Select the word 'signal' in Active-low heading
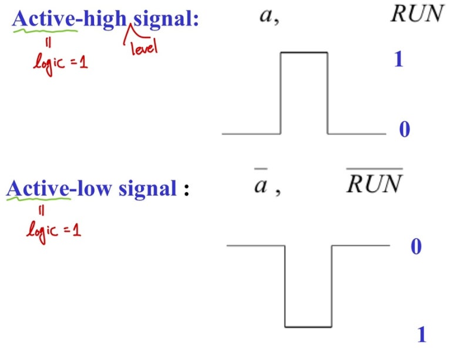(147, 189)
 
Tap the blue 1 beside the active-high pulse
(398, 59)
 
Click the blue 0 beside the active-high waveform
(404, 129)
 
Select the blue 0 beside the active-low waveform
(416, 247)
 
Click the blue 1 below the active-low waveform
(421, 335)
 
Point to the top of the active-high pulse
(304, 53)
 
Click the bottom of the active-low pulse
(308, 327)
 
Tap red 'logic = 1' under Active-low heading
(53, 229)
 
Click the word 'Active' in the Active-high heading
(44, 19)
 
